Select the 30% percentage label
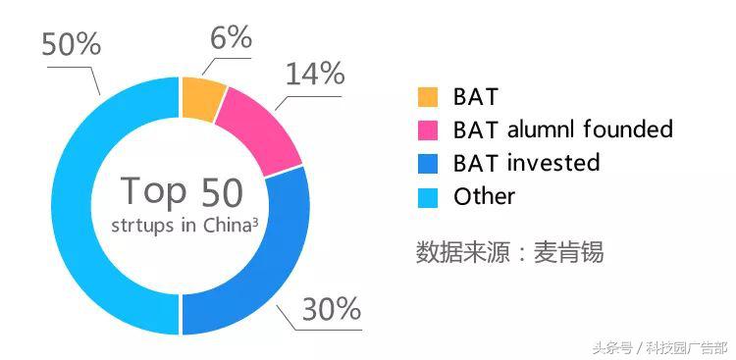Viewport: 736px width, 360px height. pyautogui.click(x=332, y=310)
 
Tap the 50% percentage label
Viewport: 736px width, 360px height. pyautogui.click(x=69, y=43)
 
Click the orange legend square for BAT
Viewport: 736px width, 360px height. pyautogui.click(x=427, y=96)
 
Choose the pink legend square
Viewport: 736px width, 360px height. pyautogui.click(x=427, y=129)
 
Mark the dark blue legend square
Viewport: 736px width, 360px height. pyautogui.click(x=427, y=163)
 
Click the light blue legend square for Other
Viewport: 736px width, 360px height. pyautogui.click(x=427, y=196)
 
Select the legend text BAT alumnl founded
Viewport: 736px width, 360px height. pyautogui.click(x=562, y=129)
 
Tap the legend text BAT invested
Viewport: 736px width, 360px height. pyautogui.click(x=526, y=162)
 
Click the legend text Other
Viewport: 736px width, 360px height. pyautogui.click(x=484, y=195)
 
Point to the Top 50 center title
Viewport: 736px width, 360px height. pyautogui.click(x=181, y=192)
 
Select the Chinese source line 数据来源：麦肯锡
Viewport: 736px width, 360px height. pyautogui.click(x=509, y=251)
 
